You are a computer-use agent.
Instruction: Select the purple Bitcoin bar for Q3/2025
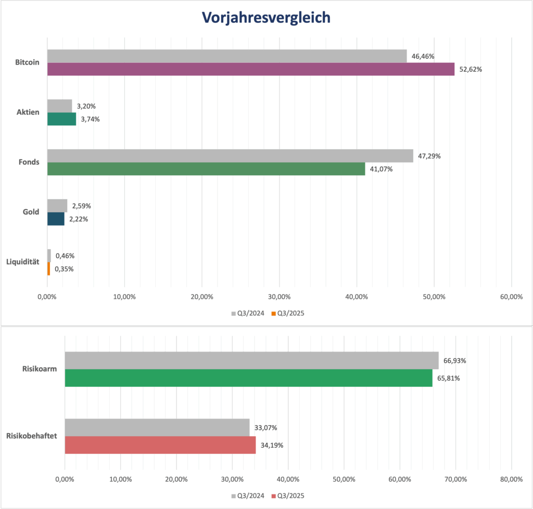pyautogui.click(x=250, y=69)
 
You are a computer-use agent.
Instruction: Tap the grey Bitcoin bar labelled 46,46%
pyautogui.click(x=227, y=56)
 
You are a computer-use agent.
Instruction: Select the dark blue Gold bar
pyautogui.click(x=56, y=219)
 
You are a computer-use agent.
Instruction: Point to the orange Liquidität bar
pyautogui.click(x=48, y=269)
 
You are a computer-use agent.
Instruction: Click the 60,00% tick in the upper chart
pyautogui.click(x=511, y=297)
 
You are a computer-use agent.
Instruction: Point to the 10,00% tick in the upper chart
pyautogui.click(x=124, y=297)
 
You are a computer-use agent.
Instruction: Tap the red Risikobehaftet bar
pyautogui.click(x=160, y=445)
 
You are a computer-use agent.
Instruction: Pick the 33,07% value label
pyautogui.click(x=265, y=428)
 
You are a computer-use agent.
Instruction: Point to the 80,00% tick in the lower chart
pyautogui.click(x=511, y=479)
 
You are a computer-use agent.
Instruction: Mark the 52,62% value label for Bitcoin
pyautogui.click(x=471, y=69)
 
